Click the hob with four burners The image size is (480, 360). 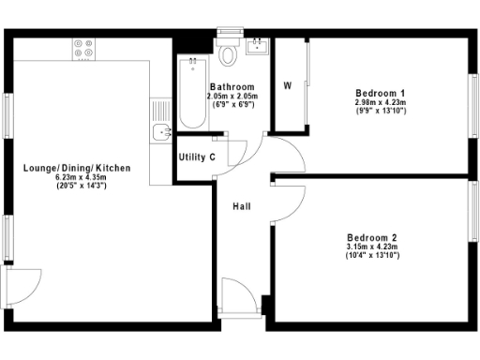tap(82, 48)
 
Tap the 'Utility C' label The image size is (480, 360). tap(198, 157)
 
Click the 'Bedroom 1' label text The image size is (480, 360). tap(380, 92)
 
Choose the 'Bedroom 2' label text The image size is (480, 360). tap(371, 237)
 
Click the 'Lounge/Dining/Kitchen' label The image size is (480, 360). tap(77, 169)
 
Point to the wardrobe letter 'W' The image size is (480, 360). tap(288, 85)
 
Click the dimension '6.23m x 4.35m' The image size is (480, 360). tap(77, 178)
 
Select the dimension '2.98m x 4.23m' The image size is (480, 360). tap(380, 101)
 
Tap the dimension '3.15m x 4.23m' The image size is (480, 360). tap(371, 247)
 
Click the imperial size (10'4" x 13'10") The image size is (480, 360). tap(371, 255)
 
